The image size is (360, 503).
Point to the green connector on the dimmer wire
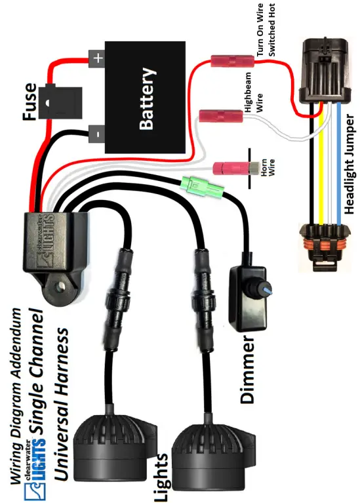(201, 188)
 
